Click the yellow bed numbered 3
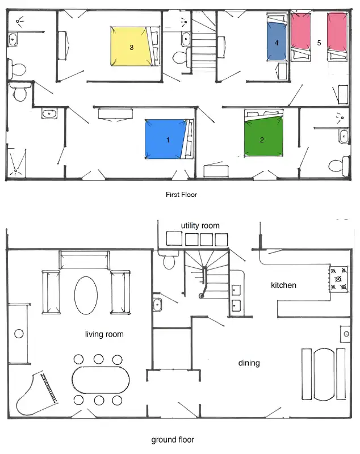pos(131,47)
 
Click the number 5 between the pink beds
pos(319,43)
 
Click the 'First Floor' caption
pos(181,195)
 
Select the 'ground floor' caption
pos(173,440)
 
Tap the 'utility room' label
pos(200,225)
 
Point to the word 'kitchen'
pos(283,285)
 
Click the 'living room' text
pos(104,334)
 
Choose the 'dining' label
pos(249,363)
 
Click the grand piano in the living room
pos(36,393)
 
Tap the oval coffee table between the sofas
pos(86,295)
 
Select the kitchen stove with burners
pos(339,279)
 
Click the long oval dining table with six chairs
pos(101,380)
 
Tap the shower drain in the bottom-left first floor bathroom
pos(16,171)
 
